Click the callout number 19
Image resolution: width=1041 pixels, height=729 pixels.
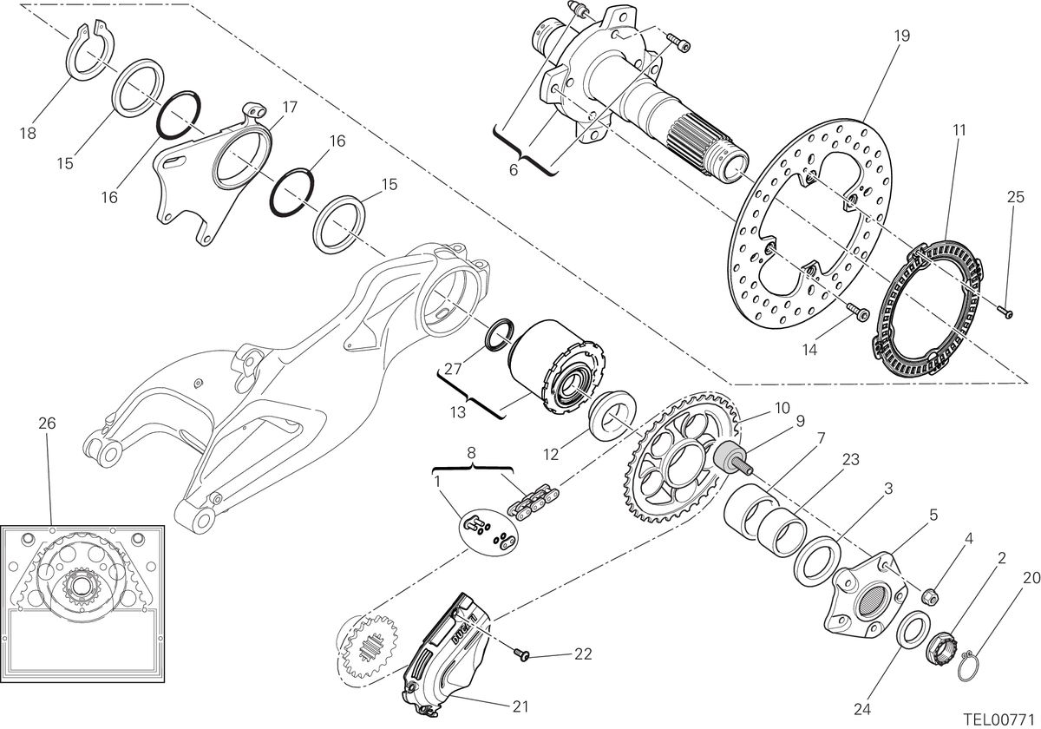click(901, 36)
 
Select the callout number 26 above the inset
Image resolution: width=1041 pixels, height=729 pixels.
click(47, 424)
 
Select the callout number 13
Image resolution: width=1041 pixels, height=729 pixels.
click(458, 412)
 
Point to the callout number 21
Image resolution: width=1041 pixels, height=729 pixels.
click(520, 706)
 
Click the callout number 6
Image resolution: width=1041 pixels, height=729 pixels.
click(513, 170)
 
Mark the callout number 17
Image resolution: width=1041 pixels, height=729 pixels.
click(289, 108)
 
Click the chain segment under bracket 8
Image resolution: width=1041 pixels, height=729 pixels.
click(534, 502)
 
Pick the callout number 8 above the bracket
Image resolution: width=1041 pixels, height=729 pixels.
click(472, 452)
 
